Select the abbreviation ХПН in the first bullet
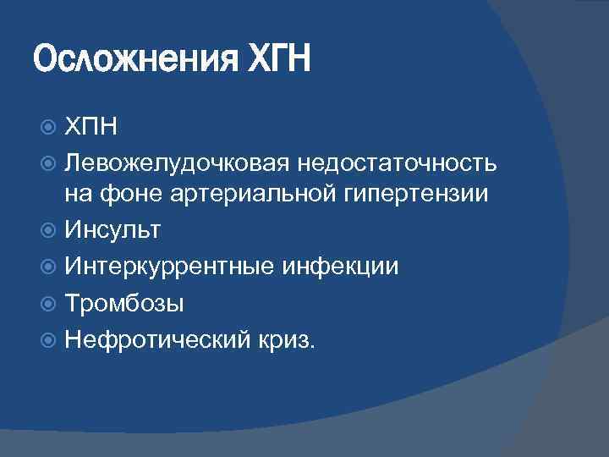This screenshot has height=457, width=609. click(x=91, y=128)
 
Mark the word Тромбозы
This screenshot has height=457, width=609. click(x=124, y=302)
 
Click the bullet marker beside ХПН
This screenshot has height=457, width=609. click(x=48, y=128)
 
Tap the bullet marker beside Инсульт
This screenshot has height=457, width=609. click(x=48, y=229)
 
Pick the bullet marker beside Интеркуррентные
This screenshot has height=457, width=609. click(x=48, y=266)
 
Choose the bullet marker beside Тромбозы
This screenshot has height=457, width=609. click(x=48, y=302)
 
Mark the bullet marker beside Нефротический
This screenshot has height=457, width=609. click(x=48, y=339)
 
